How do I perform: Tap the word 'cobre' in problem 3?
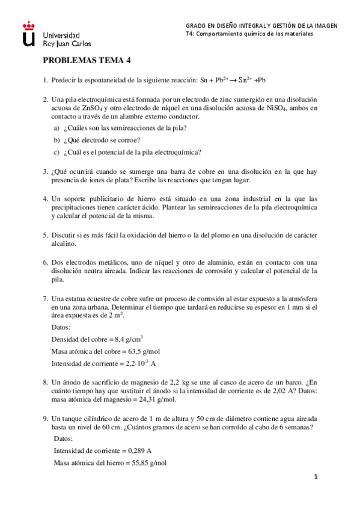click(178, 171)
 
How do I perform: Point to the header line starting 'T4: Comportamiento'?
click(249, 34)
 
